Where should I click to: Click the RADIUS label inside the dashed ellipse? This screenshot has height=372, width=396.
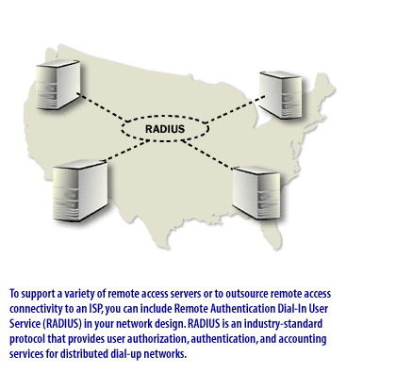pyautogui.click(x=166, y=128)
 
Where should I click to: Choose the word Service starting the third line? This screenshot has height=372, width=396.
pyautogui.click(x=26, y=324)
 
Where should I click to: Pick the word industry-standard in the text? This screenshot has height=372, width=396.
pyautogui.click(x=289, y=324)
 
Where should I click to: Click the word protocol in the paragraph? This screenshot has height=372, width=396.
pyautogui.click(x=31, y=339)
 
